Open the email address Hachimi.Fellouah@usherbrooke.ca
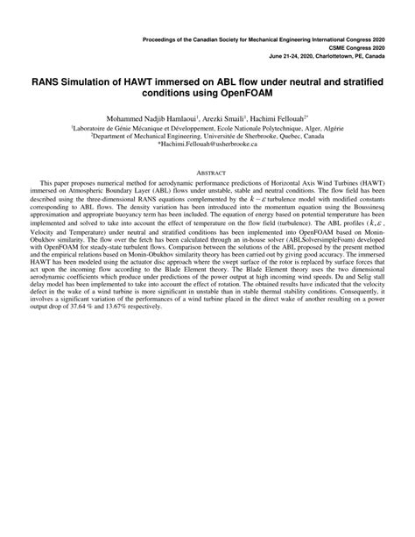tap(207, 144)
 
